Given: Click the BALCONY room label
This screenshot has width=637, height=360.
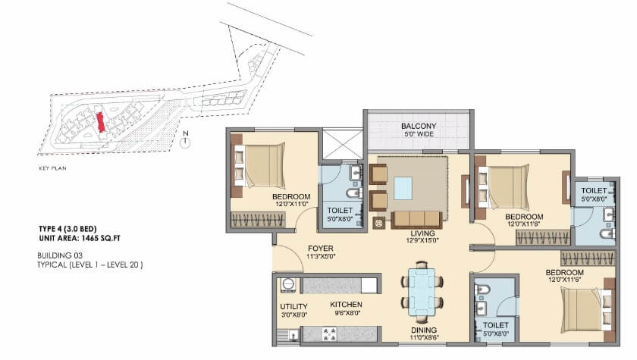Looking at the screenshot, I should tap(419, 126).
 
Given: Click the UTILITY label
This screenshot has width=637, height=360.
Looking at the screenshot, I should tap(293, 306).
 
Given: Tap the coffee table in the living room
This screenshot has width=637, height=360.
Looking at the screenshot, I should tap(403, 186).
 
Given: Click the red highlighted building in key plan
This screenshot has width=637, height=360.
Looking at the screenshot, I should tap(99, 122).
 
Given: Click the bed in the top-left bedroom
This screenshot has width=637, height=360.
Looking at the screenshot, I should tap(263, 166).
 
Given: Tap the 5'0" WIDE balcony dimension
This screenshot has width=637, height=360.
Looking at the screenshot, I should tap(419, 135).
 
